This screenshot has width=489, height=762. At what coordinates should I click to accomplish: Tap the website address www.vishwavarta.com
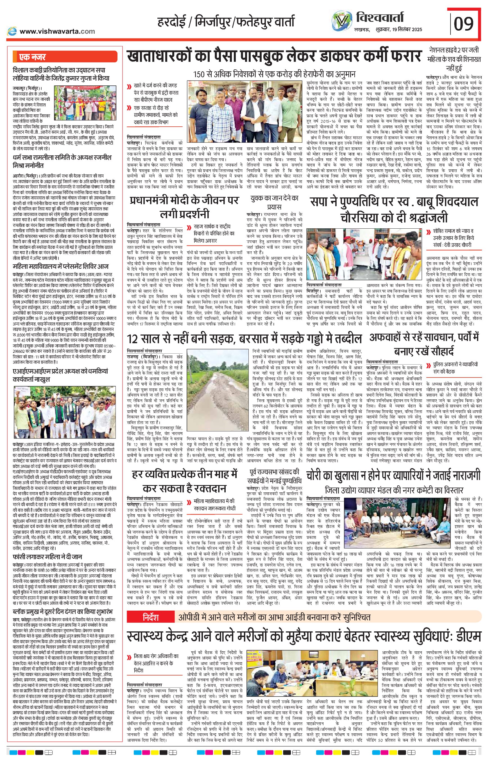[x=57, y=31]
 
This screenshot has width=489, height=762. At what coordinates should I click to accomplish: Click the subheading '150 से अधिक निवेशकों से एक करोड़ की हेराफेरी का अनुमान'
[x=275, y=74]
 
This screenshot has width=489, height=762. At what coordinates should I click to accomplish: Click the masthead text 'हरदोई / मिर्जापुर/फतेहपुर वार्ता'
[x=226, y=22]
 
